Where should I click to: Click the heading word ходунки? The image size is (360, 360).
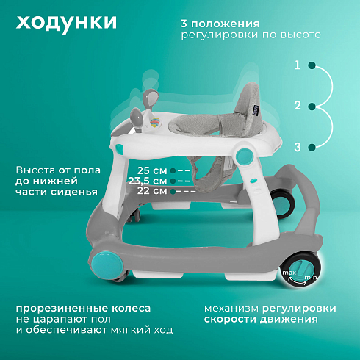coord(66,23)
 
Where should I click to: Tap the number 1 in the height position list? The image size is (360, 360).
coord(298,65)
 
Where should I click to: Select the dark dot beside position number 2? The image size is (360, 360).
coord(312,107)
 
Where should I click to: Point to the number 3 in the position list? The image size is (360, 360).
coord(298,147)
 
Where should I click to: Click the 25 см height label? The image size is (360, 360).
coord(152,170)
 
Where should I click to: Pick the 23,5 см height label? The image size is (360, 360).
coord(148,181)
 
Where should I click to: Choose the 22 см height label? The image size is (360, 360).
coord(152,191)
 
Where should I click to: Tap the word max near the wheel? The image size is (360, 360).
coord(289,273)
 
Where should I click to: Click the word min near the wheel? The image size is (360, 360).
coord(311,278)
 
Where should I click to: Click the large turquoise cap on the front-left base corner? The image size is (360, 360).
coord(107,265)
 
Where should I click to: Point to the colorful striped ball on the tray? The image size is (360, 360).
coord(155,122)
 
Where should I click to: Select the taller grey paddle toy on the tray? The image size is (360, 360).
coord(150,99)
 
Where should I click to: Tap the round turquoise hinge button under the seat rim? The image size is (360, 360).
coord(243,155)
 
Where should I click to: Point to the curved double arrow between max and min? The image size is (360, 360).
coord(298,281)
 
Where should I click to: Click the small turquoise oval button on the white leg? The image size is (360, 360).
coord(253,181)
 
